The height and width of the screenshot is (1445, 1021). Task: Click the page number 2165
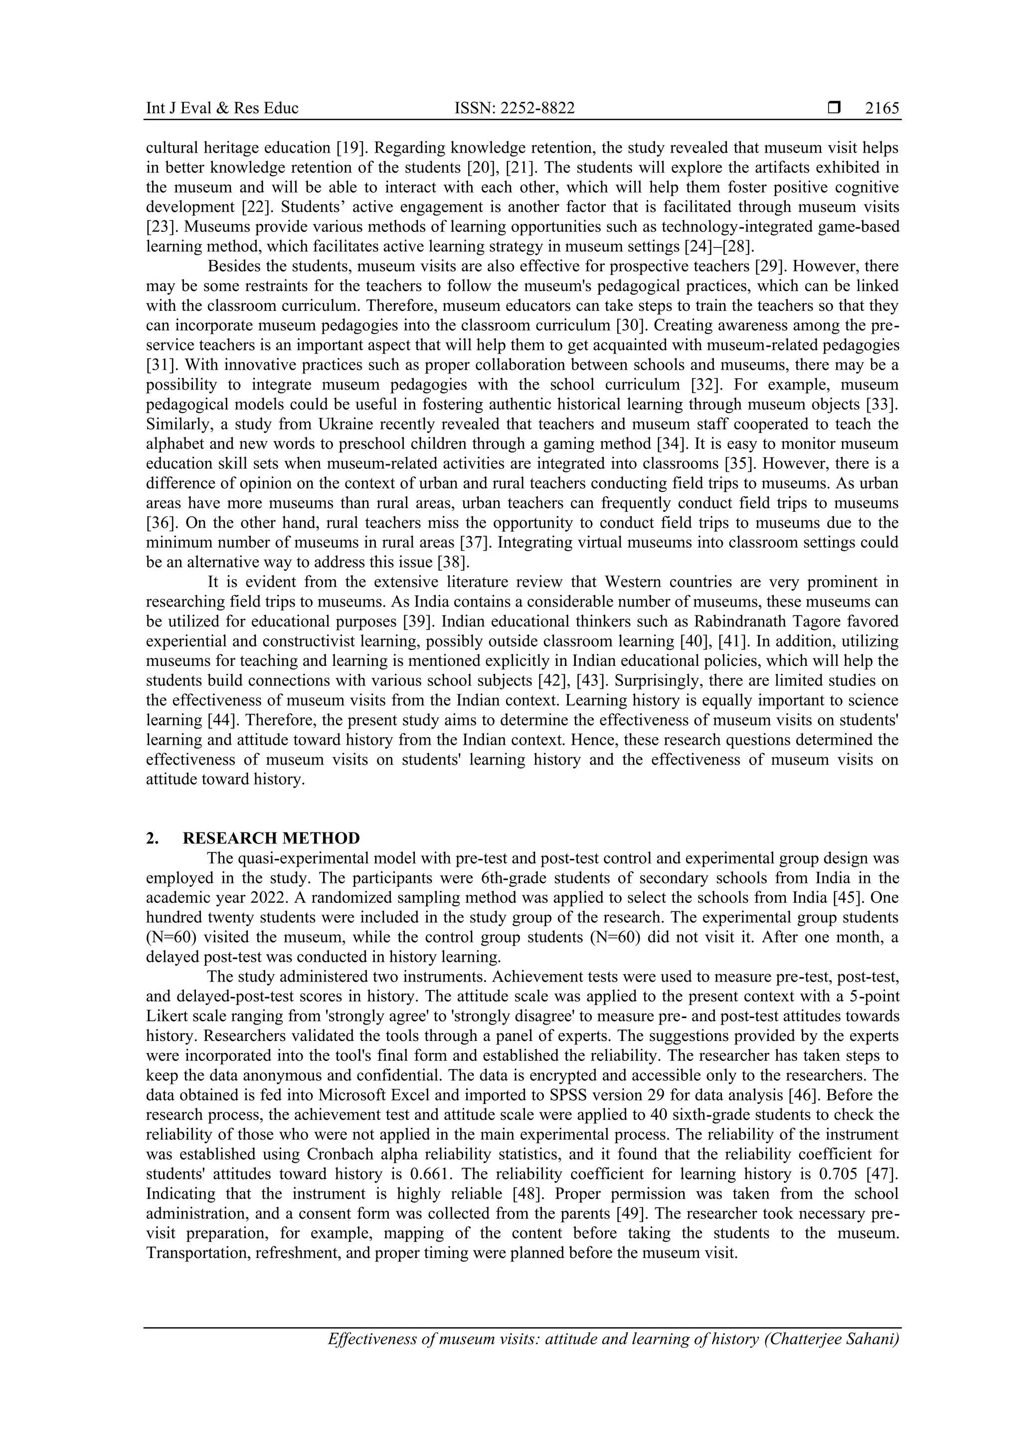click(882, 109)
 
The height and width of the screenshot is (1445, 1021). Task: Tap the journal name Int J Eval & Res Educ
click(222, 109)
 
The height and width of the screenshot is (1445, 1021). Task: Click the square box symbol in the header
click(834, 108)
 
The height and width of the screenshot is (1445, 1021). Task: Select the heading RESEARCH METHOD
click(271, 838)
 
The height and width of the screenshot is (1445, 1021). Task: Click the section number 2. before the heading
click(152, 838)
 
